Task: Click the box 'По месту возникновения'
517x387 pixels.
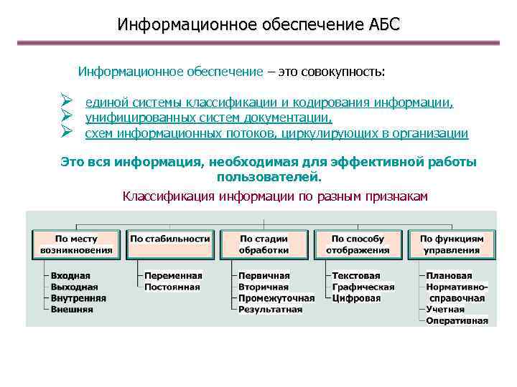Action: pos(77,244)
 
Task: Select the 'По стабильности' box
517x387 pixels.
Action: pos(170,244)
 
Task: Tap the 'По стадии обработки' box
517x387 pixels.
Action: pos(264,244)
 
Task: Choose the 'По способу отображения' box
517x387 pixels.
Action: pos(358,244)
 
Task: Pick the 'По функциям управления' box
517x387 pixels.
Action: pos(452,244)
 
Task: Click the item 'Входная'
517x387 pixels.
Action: pos(70,275)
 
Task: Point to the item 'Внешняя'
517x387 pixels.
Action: pos(71,310)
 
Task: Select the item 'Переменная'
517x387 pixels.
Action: pos(173,275)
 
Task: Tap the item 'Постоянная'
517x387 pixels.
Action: pos(172,287)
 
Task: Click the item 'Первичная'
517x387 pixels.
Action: pos(264,275)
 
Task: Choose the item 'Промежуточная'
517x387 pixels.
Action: pos(276,298)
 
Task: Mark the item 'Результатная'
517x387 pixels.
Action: pos(270,310)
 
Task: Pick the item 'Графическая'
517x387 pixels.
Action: pos(363,287)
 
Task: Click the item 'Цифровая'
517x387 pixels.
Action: pos(356,298)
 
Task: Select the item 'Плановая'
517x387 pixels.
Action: pos(449,275)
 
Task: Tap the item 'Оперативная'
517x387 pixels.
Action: pos(457,320)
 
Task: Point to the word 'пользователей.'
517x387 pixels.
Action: pos(269,176)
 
